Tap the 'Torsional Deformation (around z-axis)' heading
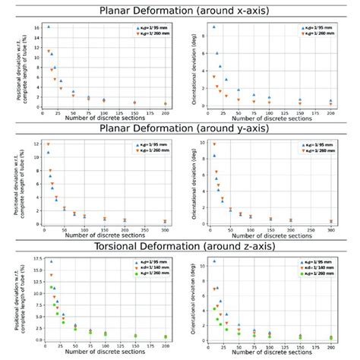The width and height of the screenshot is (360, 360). [180, 245]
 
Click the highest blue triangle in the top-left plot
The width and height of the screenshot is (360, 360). [49, 27]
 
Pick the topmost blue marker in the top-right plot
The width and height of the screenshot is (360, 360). [214, 27]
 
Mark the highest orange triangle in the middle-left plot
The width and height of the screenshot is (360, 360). [48, 144]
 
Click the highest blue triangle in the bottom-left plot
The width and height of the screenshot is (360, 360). [51, 261]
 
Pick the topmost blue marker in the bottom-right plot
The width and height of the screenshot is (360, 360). [214, 261]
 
